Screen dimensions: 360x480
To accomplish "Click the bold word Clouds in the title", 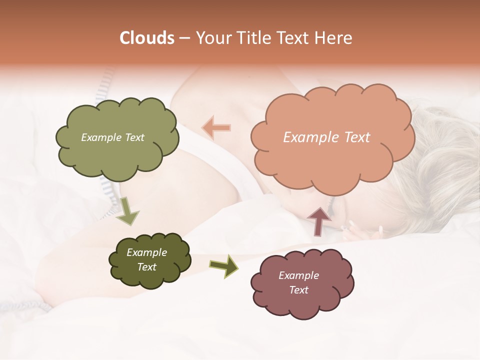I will coord(147,38).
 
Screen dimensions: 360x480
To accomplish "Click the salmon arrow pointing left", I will coord(216,127).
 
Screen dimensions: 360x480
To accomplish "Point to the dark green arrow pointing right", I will coord(223,265).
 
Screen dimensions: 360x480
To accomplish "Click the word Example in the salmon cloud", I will coord(306,137).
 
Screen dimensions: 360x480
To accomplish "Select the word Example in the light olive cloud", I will coord(101,137).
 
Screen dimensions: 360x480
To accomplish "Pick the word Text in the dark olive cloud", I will coord(146,267).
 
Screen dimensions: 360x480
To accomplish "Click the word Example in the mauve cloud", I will coord(298,275).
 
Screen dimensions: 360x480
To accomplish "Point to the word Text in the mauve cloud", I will coord(298,290).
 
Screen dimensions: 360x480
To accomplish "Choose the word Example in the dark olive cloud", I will coord(146,252).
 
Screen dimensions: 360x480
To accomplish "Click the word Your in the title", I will coord(212,38).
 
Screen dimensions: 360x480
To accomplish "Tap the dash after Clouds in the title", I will coord(184,38).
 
